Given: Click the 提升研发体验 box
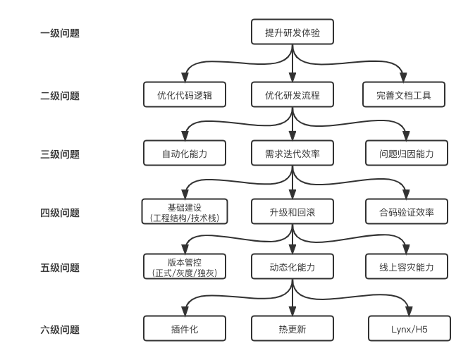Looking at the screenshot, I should click(292, 32).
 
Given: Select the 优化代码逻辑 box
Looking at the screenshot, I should click(185, 95).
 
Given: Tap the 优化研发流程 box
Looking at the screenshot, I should click(292, 95).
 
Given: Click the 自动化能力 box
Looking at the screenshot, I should click(185, 154).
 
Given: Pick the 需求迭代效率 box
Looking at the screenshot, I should click(292, 154).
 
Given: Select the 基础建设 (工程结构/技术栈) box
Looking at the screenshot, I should click(185, 212).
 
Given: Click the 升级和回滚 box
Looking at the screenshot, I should click(292, 212).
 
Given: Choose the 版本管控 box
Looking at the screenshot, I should click(185, 267).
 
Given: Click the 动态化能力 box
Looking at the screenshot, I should click(292, 267).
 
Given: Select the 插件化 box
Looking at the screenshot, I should click(185, 329).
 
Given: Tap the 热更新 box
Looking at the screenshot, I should click(292, 329).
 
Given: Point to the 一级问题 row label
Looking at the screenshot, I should click(60, 33).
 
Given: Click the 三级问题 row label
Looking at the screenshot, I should click(60, 154).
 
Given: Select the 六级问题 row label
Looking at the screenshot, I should click(60, 329).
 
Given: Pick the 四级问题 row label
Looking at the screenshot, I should click(60, 213).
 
